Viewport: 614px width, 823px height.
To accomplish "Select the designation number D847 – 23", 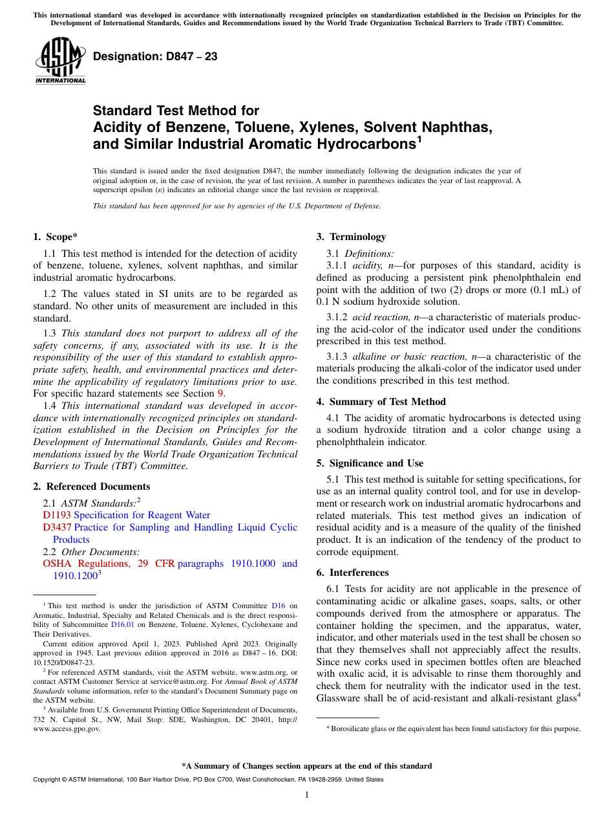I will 155,57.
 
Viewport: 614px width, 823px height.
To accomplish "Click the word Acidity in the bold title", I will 118,127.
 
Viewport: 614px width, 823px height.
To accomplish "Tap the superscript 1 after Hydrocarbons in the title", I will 419,138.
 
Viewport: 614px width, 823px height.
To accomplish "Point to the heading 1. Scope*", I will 56,237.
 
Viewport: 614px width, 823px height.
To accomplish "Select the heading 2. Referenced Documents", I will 92,487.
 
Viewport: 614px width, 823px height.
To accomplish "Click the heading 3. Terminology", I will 351,237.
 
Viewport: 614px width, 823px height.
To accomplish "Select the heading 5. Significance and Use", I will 370,463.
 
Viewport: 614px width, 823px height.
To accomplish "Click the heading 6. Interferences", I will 352,573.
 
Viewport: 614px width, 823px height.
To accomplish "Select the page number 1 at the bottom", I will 307,795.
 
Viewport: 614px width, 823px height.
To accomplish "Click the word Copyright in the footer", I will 47,780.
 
